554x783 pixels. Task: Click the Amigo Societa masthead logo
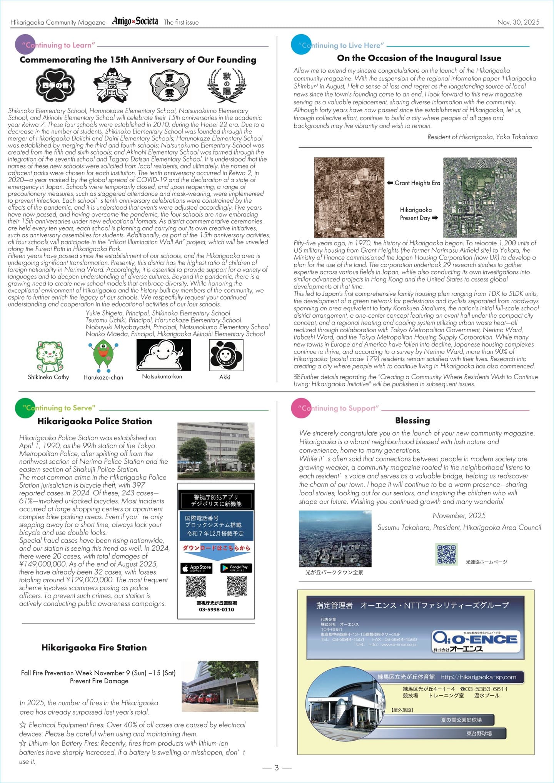(135, 21)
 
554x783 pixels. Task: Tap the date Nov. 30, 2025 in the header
(518, 22)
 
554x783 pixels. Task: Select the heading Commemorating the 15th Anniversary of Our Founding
(138, 60)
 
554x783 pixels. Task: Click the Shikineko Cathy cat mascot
(50, 357)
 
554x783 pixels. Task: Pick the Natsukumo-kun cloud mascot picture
(164, 355)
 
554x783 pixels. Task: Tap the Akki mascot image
(226, 355)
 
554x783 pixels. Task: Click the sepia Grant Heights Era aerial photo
(349, 197)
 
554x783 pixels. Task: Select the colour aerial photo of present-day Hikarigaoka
(480, 197)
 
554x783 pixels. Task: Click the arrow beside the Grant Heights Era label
(390, 183)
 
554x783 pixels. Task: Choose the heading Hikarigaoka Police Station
(95, 421)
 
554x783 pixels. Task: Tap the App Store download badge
(196, 568)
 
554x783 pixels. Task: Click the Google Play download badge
(236, 568)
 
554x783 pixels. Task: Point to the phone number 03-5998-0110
(216, 610)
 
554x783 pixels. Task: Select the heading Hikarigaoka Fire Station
(94, 648)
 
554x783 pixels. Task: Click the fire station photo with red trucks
(220, 686)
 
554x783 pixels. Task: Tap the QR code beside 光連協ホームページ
(446, 554)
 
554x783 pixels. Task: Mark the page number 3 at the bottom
(277, 768)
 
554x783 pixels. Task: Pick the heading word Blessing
(412, 420)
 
